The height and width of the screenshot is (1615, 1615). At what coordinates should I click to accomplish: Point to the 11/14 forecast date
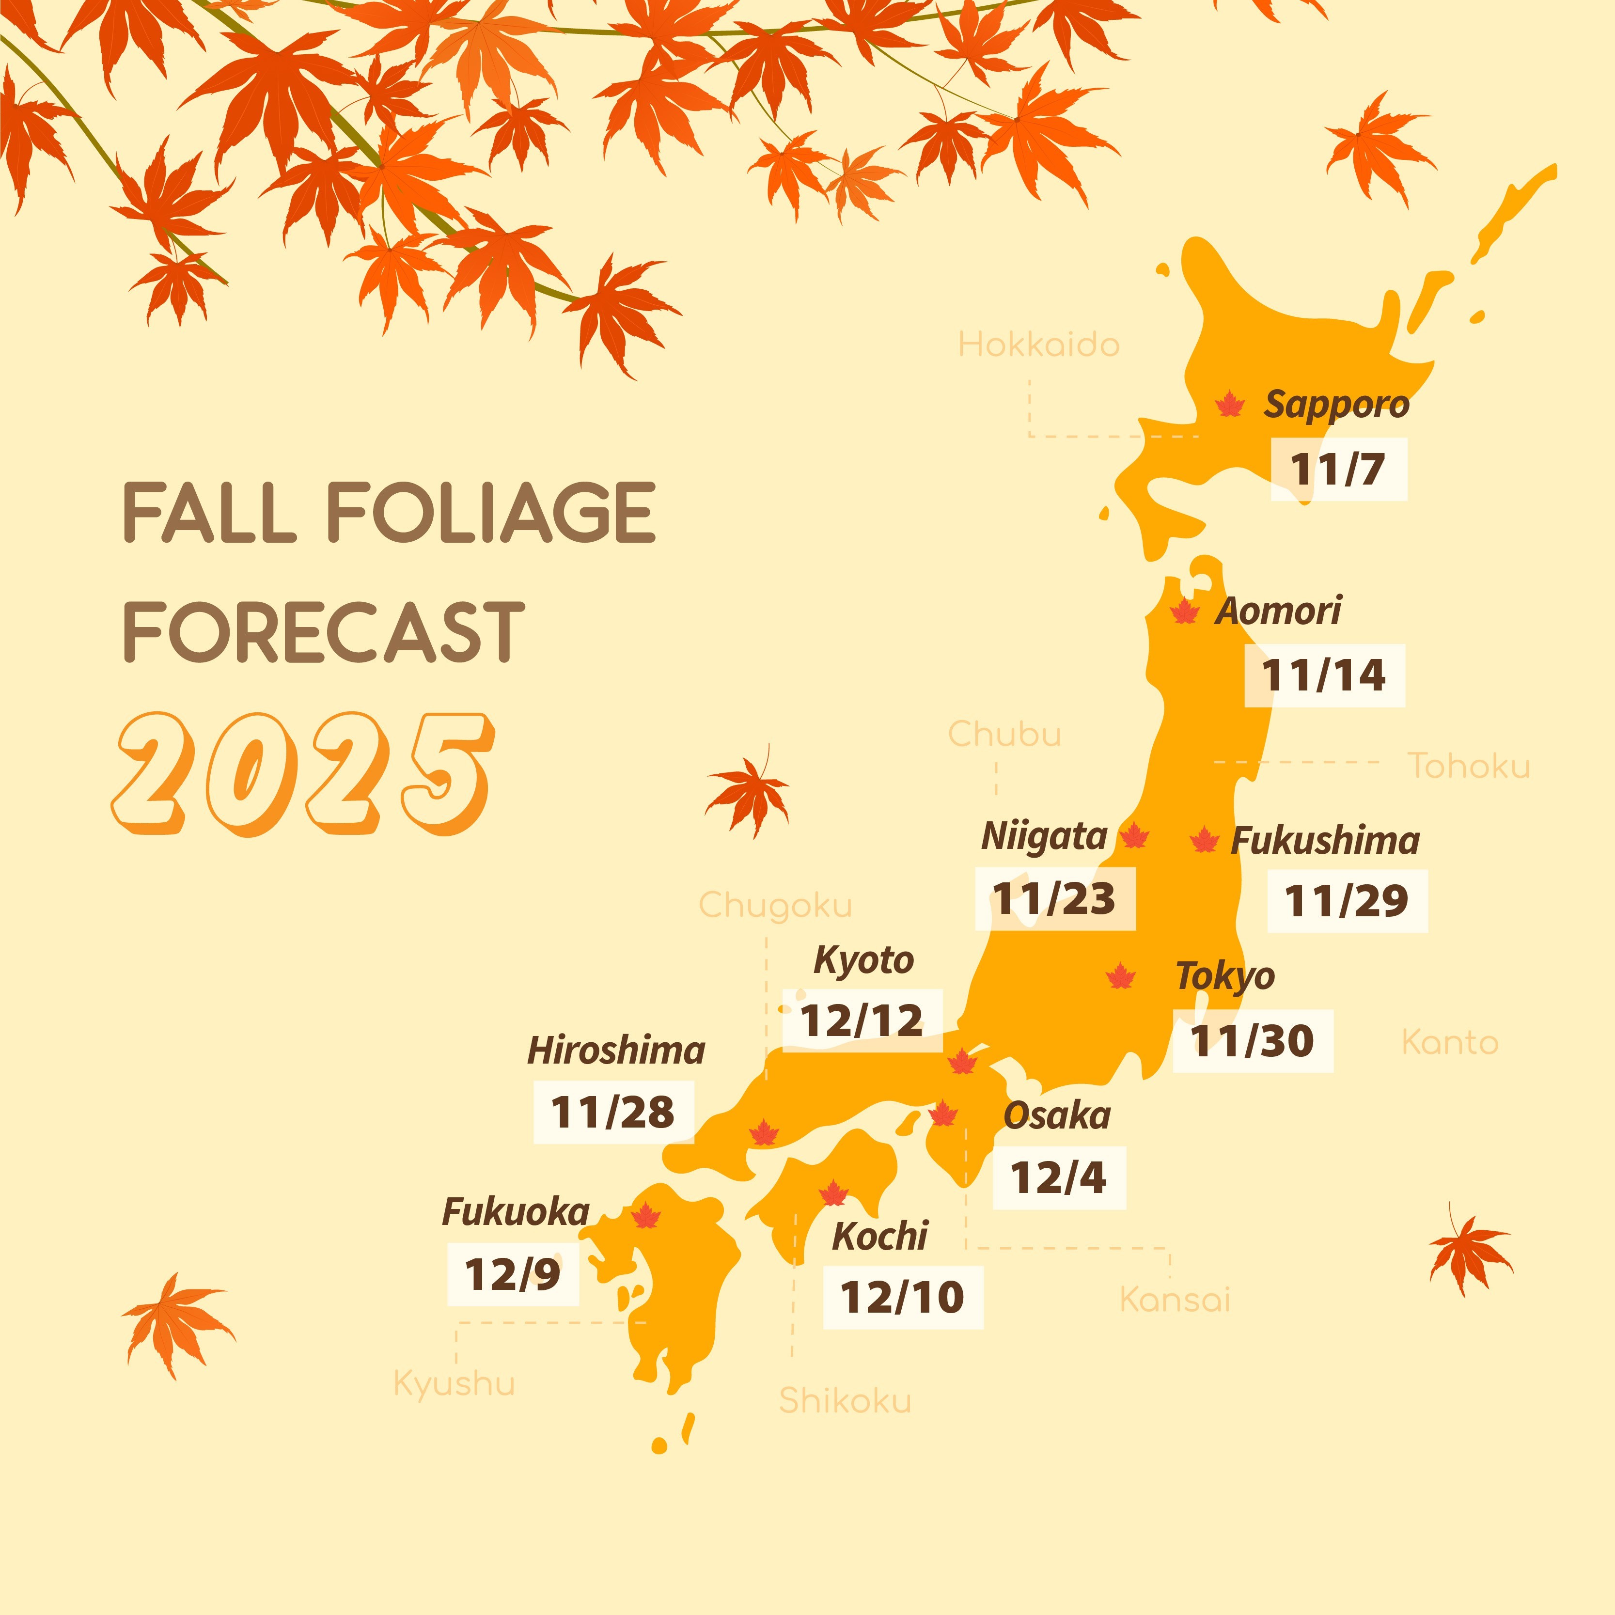[x=1324, y=675]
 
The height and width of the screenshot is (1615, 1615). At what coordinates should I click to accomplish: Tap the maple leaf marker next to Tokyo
[x=1120, y=976]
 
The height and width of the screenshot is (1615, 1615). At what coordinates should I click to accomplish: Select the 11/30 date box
[x=1252, y=1041]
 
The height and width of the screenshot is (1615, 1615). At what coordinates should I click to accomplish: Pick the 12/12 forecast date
[x=862, y=1020]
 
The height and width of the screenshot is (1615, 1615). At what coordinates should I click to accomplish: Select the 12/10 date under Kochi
[x=903, y=1297]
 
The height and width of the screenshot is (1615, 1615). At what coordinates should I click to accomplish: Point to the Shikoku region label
[x=844, y=1400]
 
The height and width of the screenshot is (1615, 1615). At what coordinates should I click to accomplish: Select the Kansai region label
[x=1175, y=1300]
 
